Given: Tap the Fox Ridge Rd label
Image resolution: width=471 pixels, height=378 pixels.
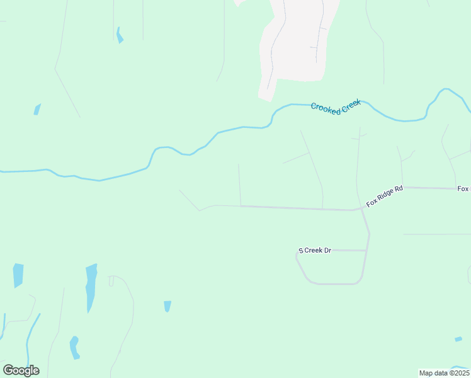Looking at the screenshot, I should coord(384,196).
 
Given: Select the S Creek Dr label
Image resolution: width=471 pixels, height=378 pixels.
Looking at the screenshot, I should coord(315,251).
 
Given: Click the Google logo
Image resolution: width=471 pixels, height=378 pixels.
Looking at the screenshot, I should coord(21,370).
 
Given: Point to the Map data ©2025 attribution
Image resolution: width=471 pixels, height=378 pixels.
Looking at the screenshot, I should coord(445,373).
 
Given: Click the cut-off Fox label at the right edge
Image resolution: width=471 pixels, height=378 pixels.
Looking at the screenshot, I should coord(464,189).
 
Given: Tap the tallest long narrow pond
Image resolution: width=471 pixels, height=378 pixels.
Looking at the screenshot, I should coord(91,287).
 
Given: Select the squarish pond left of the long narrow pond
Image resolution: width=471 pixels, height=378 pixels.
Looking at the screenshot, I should coord(18,275).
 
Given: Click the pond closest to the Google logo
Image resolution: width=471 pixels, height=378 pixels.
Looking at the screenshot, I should coord(74,347).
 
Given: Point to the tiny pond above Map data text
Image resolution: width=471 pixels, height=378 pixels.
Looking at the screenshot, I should coord(458,339).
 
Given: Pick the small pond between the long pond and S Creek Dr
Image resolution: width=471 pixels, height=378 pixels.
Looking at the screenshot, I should coord(167,306).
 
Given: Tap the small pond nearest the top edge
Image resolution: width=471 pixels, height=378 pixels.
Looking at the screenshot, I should coord(119,35).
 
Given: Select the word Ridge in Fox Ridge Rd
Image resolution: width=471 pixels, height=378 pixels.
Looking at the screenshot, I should coord(385,195).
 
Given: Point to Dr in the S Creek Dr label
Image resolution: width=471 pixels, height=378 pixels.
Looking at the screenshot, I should coord(327,251).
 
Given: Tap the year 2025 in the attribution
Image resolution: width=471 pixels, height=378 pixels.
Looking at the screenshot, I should coord(461,373).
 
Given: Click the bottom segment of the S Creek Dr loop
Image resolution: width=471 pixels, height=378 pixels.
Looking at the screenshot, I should coord(334,283).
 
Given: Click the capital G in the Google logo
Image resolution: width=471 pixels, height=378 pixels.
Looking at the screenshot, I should coord(8,370).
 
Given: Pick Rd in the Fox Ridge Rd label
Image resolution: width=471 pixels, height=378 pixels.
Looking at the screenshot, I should coord(398,188).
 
